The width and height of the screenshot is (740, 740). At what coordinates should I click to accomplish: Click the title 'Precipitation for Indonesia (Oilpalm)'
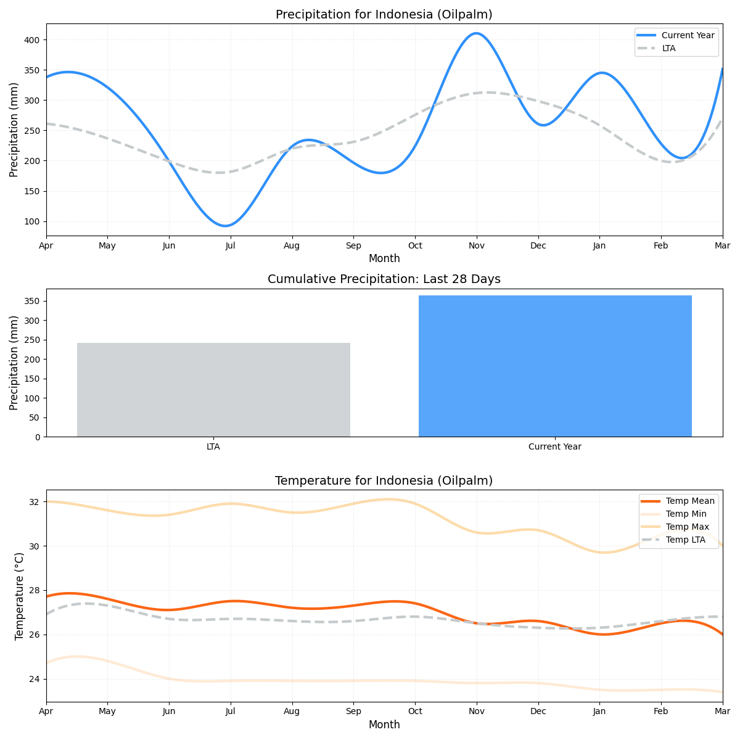tap(384, 14)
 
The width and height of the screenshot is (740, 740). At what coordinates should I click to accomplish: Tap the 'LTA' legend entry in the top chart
tap(668, 48)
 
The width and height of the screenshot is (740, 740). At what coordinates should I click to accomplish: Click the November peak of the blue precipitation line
tap(475, 33)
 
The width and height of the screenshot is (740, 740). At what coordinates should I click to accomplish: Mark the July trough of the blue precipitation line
tap(226, 226)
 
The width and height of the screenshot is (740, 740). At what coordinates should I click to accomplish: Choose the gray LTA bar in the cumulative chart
tap(213, 390)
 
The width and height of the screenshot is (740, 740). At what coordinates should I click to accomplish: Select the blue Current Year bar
tap(555, 366)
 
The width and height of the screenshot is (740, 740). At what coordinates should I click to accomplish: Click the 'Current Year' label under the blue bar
tap(555, 447)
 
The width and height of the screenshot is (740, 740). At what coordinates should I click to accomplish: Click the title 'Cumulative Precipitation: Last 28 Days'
tap(384, 279)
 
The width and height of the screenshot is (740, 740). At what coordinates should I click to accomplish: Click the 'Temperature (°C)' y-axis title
tap(19, 596)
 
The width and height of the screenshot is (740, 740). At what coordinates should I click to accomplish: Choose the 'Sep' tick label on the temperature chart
tap(353, 712)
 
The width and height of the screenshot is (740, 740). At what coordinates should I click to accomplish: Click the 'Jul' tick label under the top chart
tap(231, 245)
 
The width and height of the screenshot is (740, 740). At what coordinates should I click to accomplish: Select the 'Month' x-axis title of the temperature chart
tap(384, 725)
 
